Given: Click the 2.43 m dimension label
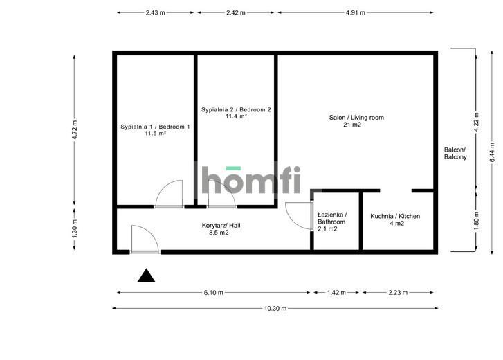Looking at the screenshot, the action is pos(155,13).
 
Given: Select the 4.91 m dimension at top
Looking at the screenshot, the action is pos(356,13).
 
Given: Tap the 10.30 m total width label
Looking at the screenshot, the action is pos(275,309).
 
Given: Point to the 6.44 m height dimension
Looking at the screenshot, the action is pos(493,152).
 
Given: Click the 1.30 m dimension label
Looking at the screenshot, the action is pos(75,228).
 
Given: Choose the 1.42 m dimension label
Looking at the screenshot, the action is pos(336,293).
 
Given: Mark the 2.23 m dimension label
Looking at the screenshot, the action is pos(398,293).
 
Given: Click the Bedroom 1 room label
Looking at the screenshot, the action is pos(155,130).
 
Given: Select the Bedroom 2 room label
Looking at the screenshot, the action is pos(236,113).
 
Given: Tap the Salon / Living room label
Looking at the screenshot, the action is pos(356,121).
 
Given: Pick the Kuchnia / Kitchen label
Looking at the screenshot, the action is pos(395,219).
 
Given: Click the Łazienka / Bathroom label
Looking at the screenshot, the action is pos(332,222).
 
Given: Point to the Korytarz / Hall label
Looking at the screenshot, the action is pos(221,228).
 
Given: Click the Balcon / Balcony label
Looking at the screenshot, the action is pos(455,154).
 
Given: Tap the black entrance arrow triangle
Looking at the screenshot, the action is pos(146,276).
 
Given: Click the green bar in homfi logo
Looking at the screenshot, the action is pos(233,168).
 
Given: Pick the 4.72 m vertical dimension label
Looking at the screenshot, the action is pos(75,129).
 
